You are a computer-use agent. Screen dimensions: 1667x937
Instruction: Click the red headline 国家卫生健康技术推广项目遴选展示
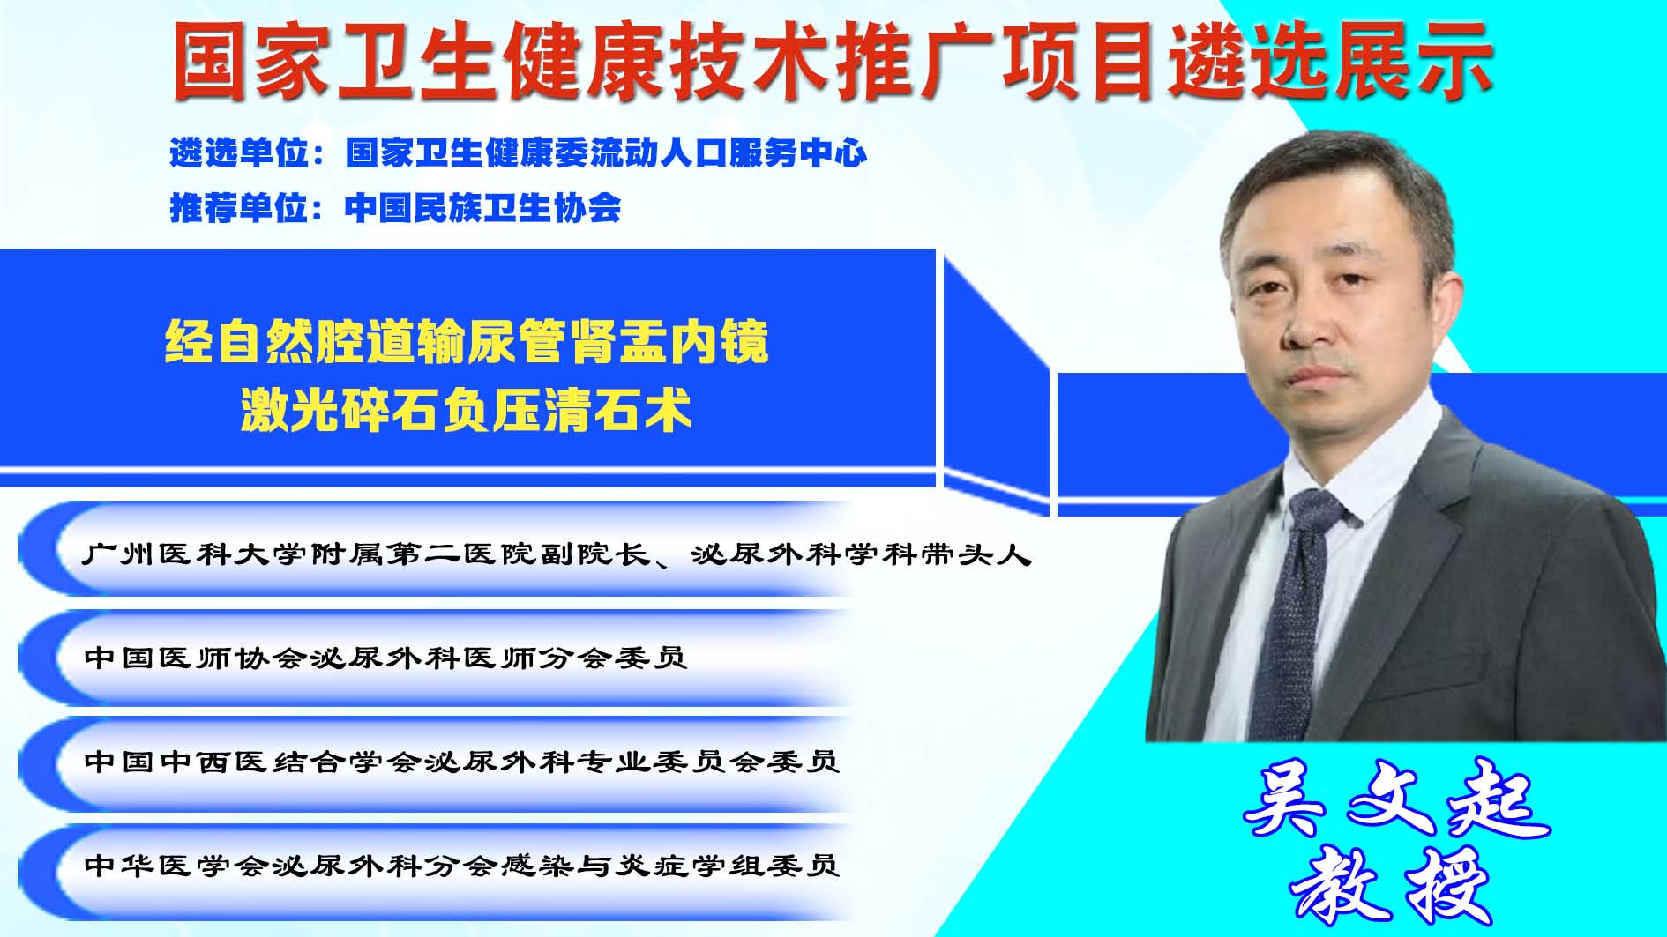click(833, 61)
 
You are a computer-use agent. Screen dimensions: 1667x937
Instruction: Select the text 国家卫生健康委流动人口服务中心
click(606, 153)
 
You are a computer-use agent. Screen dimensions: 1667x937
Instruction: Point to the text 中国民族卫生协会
click(483, 208)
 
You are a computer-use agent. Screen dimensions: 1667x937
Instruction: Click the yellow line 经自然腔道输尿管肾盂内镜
click(467, 342)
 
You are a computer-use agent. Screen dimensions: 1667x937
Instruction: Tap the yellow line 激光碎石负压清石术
click(466, 411)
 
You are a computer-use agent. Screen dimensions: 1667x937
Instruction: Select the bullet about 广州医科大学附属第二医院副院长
click(557, 554)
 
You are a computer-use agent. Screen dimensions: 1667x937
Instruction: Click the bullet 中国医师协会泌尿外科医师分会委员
click(385, 658)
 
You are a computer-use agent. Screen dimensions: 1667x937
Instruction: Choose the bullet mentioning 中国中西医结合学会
click(460, 761)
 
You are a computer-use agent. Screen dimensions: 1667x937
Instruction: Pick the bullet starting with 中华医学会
click(460, 865)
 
